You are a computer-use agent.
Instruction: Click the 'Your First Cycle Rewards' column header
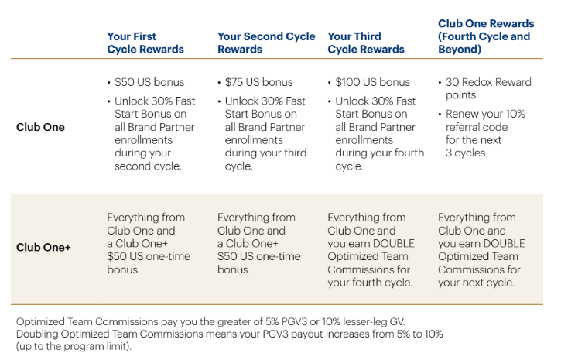145,43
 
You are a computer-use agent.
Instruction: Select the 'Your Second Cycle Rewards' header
266,43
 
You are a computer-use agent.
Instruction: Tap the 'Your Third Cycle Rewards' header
366,43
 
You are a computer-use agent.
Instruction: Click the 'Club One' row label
40,127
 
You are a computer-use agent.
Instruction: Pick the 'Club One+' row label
43,249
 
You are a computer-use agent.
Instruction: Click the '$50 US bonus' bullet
145,82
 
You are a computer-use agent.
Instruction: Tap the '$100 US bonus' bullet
373,82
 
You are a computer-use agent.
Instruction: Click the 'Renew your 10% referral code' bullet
485,133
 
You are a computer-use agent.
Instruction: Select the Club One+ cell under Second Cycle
260,244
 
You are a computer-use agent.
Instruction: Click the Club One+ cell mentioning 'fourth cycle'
371,249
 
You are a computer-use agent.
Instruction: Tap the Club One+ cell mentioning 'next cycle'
481,249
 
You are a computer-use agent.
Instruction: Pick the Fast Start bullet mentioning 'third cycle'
261,133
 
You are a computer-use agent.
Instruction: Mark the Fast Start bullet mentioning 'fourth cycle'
375,133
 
